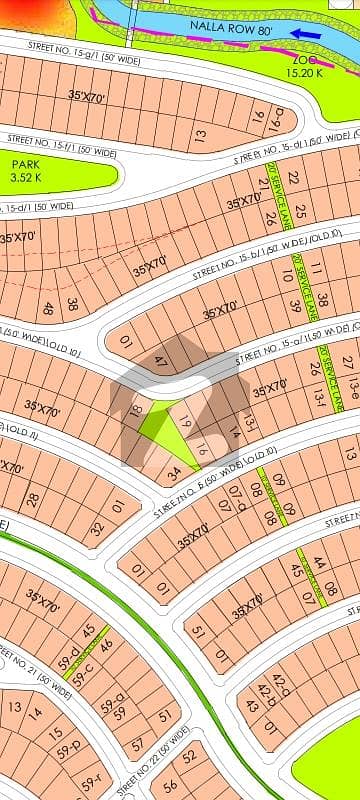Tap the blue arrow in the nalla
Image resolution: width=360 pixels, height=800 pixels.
click(303, 32)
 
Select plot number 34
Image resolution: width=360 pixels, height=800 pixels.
click(173, 475)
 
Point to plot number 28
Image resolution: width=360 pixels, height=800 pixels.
click(33, 499)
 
